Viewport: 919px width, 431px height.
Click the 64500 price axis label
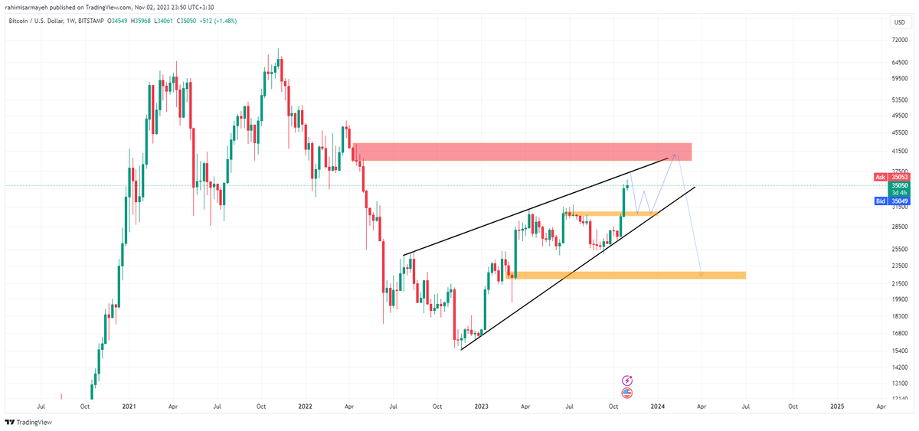tap(899, 62)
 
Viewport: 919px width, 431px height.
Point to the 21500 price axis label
tap(899, 283)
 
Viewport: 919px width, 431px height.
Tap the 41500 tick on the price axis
tap(899, 152)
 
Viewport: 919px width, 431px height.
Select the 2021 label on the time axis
tap(129, 407)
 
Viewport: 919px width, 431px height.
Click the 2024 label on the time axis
tap(657, 407)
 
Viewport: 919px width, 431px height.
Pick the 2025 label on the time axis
tap(837, 407)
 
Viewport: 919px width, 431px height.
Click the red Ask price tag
tap(893, 177)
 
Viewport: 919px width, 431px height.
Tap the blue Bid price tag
tap(893, 201)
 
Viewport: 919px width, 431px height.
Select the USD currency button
tap(898, 21)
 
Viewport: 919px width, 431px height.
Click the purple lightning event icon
tap(627, 380)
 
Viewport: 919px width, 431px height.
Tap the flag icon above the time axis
tap(627, 393)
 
